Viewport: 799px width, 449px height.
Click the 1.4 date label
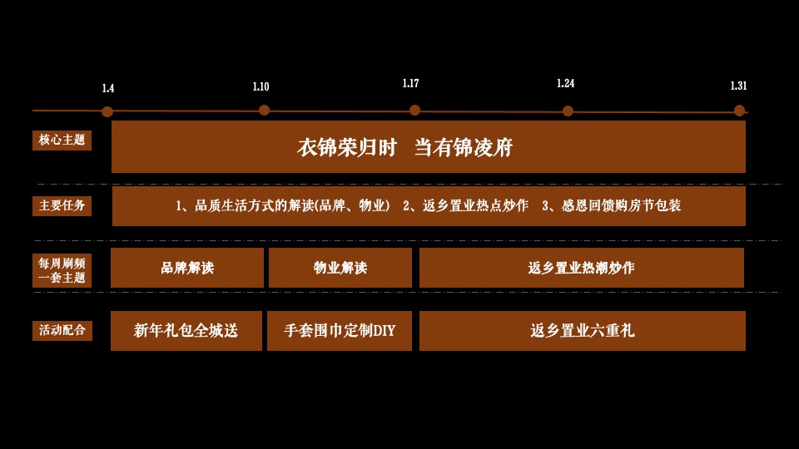[x=108, y=88]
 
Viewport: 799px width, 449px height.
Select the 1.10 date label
[x=261, y=86]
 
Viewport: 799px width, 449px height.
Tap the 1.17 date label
[x=410, y=83]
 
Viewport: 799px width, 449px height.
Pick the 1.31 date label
[x=738, y=86]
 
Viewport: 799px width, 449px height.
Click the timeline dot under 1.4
[x=107, y=111]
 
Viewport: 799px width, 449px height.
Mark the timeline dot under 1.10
[x=264, y=110]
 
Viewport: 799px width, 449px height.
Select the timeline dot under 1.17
[x=414, y=110]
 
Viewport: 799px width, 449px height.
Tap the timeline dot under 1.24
[x=568, y=111]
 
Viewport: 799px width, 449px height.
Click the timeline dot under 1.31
[x=739, y=110]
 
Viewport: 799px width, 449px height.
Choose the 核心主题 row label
[x=62, y=140]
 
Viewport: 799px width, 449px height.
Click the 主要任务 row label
[x=62, y=205]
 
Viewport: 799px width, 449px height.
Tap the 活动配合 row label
[x=62, y=330]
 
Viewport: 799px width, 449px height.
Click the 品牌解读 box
[x=187, y=268]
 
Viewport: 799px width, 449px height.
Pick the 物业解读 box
[x=340, y=268]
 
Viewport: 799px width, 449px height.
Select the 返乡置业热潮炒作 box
[x=581, y=268]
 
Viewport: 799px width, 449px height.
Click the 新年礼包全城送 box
[x=186, y=331]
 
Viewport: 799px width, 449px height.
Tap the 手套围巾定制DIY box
[x=340, y=331]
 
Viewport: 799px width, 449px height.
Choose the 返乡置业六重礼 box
[x=582, y=331]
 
